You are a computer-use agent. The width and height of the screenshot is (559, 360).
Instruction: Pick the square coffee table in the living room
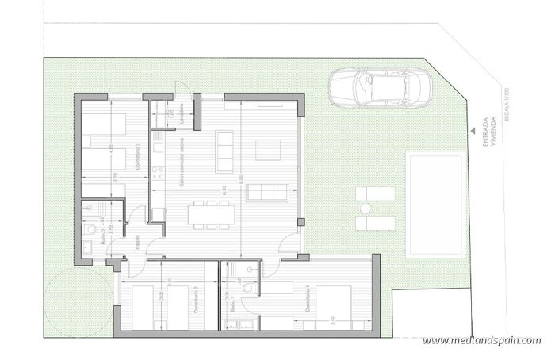(266, 148)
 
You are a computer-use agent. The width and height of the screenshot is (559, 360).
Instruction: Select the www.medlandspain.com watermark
(481, 341)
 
